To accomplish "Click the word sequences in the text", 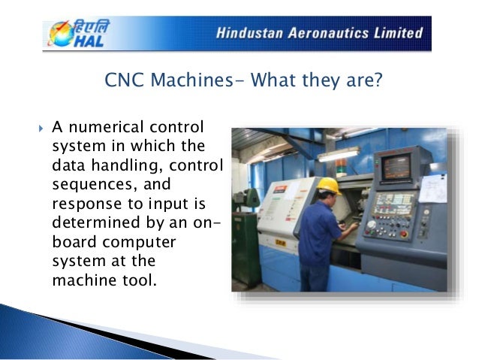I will point(89,185).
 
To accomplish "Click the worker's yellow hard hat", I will point(328,184).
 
